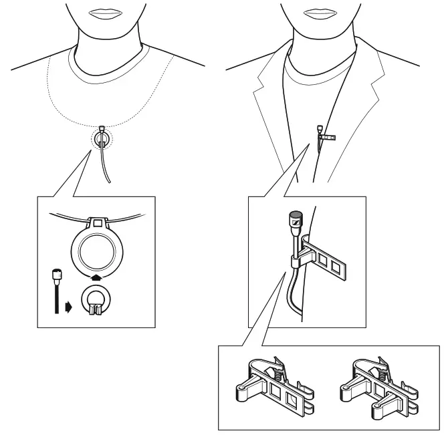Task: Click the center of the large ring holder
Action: coord(99,251)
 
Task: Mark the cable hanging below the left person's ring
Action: coord(103,164)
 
